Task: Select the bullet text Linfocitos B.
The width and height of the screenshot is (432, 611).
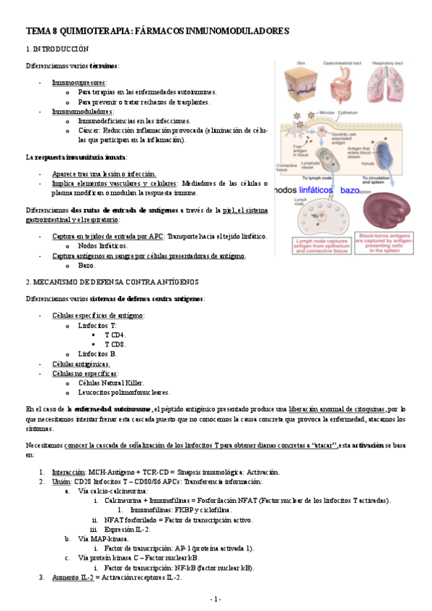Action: point(97,354)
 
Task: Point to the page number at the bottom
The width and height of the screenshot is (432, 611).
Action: point(216,599)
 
